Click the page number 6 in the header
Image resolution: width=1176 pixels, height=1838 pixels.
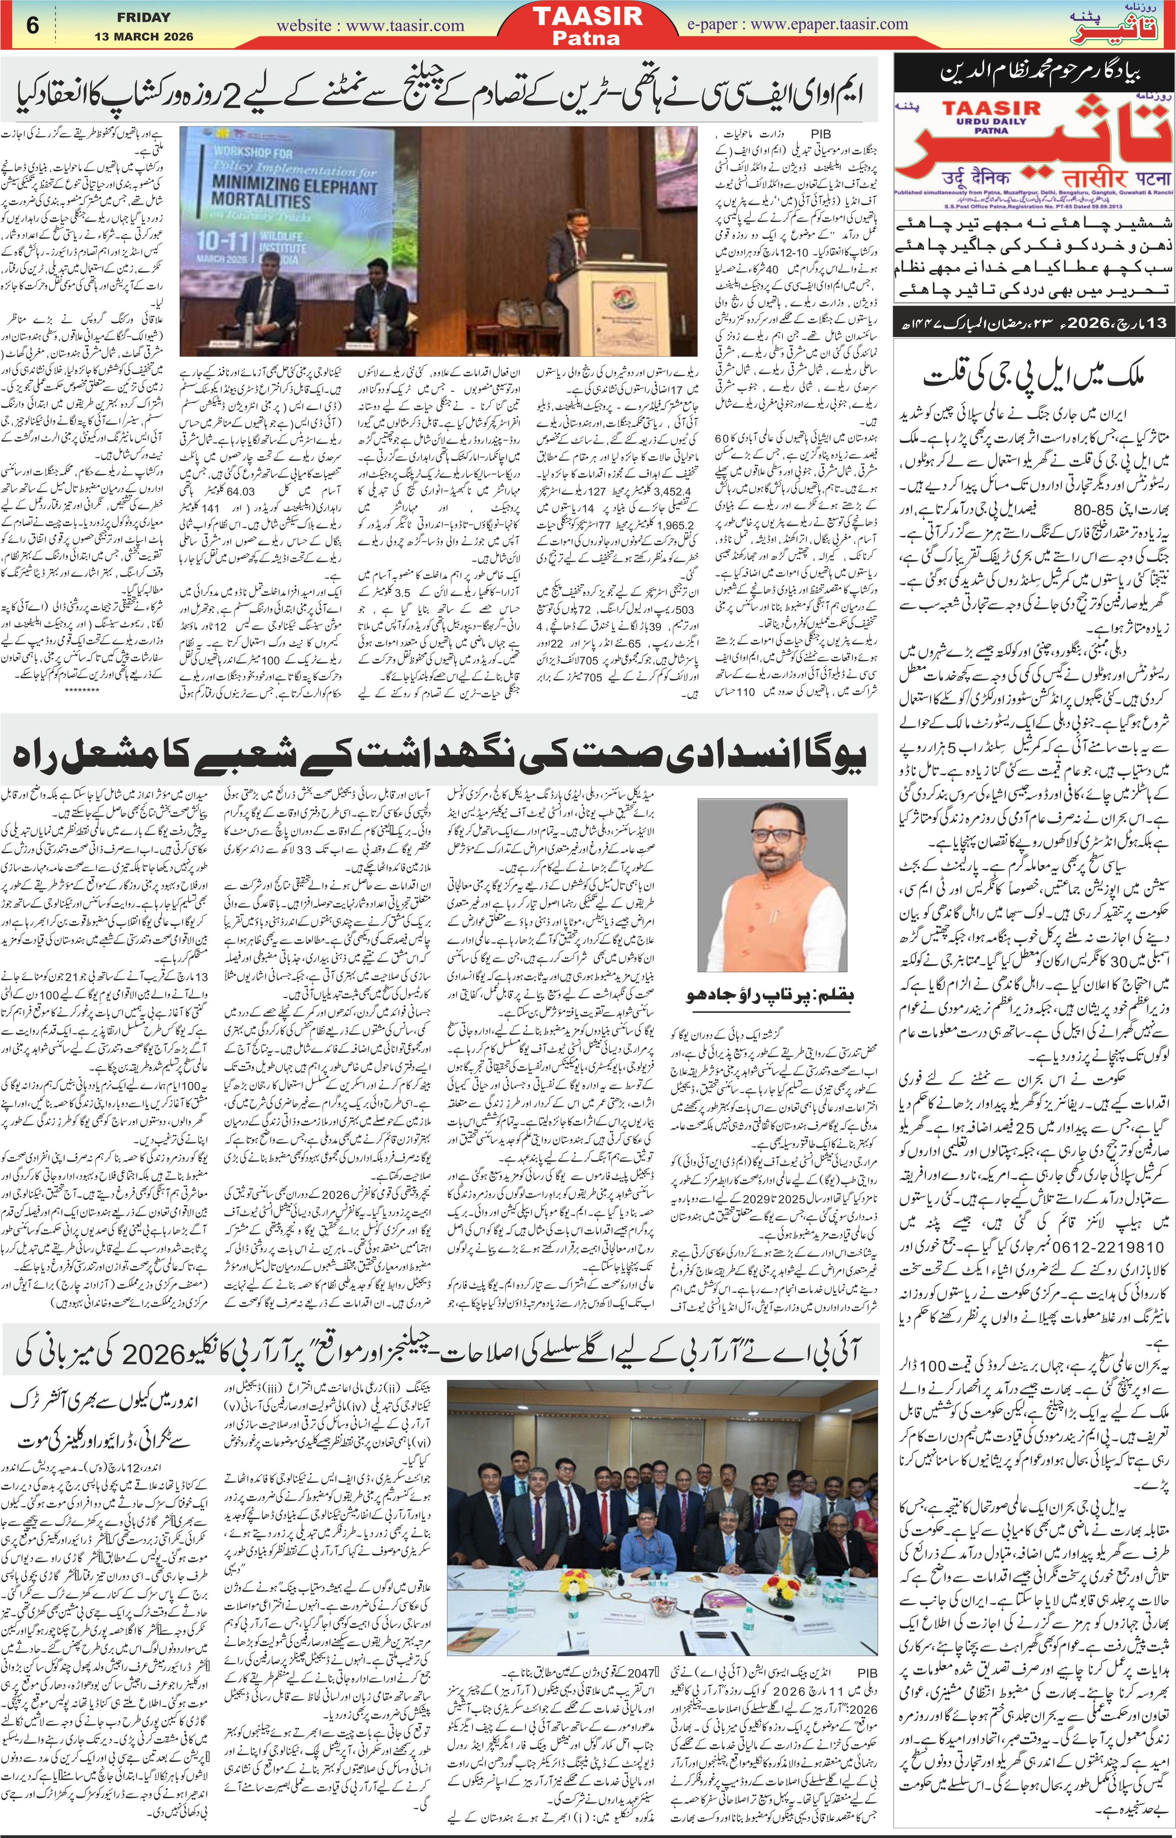pyautogui.click(x=32, y=25)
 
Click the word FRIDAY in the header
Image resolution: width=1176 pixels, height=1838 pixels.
pyautogui.click(x=144, y=17)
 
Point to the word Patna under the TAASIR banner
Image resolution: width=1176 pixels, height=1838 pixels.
pyautogui.click(x=587, y=38)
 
